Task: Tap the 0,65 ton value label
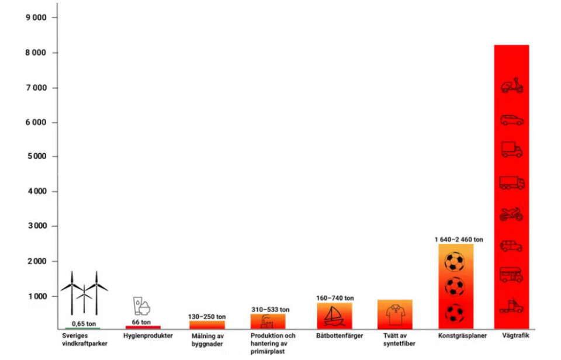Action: pos(84,323)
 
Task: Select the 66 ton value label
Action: pos(141,322)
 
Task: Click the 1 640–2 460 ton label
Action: pos(459,240)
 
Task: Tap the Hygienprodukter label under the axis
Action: pos(148,336)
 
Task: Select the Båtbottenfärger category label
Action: pos(339,336)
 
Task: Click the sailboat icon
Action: pos(335,316)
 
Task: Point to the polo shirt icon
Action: pos(395,314)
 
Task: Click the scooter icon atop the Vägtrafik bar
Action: pos(512,86)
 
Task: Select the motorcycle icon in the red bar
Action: pos(512,214)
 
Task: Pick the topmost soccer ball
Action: pos(454,261)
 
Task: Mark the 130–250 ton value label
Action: pos(207,317)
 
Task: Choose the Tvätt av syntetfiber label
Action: pos(395,340)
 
